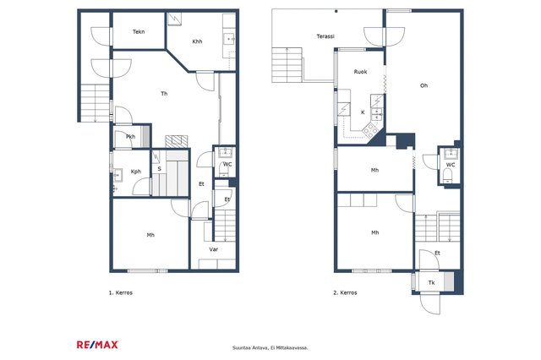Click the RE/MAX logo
(x=97, y=345)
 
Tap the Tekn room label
(x=139, y=32)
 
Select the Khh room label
(x=197, y=41)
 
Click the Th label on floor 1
(x=164, y=94)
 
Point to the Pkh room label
(x=130, y=137)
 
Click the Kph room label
(x=136, y=172)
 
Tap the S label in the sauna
(x=160, y=169)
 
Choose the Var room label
(x=214, y=249)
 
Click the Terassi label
(x=325, y=36)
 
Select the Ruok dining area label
(x=361, y=72)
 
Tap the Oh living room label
(x=424, y=85)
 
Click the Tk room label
(x=432, y=283)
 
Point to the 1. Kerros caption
(x=121, y=292)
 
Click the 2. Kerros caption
(x=345, y=292)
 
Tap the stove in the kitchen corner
(x=370, y=130)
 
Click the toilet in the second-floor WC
(x=448, y=176)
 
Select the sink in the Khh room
(x=229, y=39)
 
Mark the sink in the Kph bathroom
(x=117, y=175)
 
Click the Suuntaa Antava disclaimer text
(x=270, y=348)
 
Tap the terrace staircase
(x=287, y=65)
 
